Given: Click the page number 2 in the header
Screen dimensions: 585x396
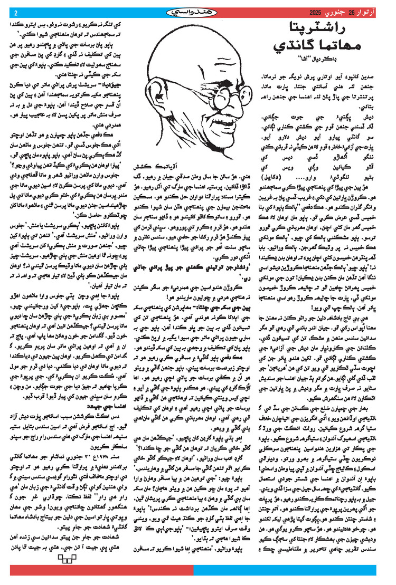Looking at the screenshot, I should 15,13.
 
